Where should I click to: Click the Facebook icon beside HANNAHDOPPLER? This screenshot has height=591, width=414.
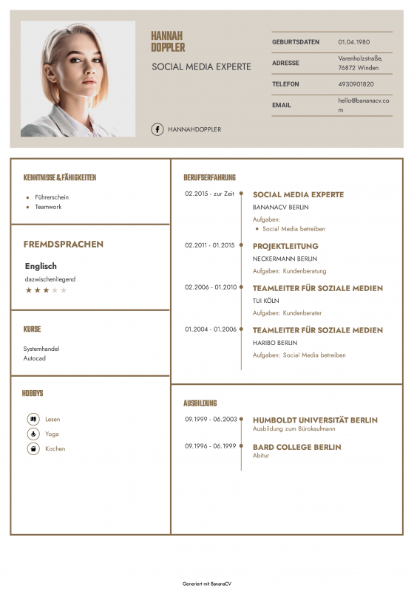pyautogui.click(x=157, y=129)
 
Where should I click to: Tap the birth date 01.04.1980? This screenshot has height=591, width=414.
pyautogui.click(x=354, y=42)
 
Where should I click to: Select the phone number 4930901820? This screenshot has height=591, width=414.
pyautogui.click(x=356, y=84)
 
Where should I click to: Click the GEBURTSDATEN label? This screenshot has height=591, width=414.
pyautogui.click(x=296, y=42)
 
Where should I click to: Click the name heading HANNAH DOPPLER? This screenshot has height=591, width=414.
pyautogui.click(x=168, y=41)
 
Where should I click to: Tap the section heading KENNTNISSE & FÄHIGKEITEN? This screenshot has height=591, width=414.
pyautogui.click(x=60, y=177)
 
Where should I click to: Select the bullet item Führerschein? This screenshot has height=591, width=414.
pyautogui.click(x=52, y=197)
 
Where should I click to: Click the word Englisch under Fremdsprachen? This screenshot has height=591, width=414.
pyautogui.click(x=41, y=266)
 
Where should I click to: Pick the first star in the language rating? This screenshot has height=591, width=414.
pyautogui.click(x=29, y=290)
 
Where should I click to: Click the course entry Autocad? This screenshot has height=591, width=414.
pyautogui.click(x=35, y=358)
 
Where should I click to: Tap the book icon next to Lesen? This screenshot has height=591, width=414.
pyautogui.click(x=33, y=419)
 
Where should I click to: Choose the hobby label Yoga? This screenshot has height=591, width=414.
pyautogui.click(x=52, y=434)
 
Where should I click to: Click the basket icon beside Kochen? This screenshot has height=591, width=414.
pyautogui.click(x=33, y=448)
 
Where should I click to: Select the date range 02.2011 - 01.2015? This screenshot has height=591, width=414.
pyautogui.click(x=209, y=245)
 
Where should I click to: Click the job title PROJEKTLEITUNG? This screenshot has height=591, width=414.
pyautogui.click(x=285, y=246)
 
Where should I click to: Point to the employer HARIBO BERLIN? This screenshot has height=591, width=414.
pyautogui.click(x=275, y=343)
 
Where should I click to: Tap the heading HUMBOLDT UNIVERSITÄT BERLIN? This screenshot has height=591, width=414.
pyautogui.click(x=315, y=420)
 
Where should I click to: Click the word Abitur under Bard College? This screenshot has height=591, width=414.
pyautogui.click(x=261, y=456)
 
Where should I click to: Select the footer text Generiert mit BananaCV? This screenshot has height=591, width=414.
pyautogui.click(x=206, y=584)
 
